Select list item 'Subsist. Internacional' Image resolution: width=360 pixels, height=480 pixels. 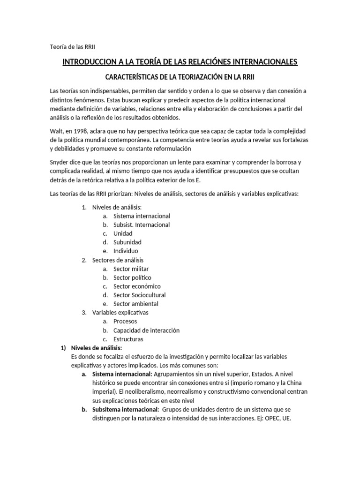pos(142,225)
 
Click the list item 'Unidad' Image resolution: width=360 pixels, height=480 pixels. pos(123,233)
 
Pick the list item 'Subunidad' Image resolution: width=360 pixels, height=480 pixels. pos(127,242)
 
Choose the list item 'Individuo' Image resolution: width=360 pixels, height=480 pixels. pos(126,251)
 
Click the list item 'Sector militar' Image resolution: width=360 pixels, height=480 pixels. pos(131,269)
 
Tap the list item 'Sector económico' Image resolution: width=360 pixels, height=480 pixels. pos(137,286)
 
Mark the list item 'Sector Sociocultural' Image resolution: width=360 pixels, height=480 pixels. pos(139,295)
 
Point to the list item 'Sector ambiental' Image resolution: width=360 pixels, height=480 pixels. pos(136,304)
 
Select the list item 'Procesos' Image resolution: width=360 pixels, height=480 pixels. pos(125,322)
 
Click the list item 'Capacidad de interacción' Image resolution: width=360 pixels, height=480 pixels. pos(146,330)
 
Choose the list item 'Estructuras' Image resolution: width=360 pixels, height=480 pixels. pos(128,339)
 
